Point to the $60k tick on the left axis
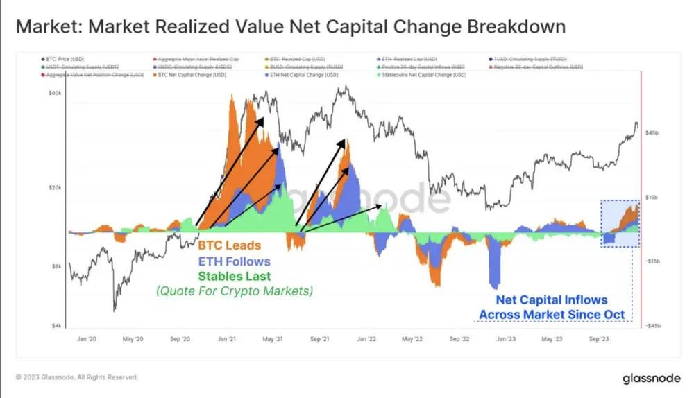[55, 94]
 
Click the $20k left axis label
[55, 188]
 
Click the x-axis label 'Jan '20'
[86, 340]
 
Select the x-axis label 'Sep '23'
[600, 340]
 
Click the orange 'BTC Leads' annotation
[230, 245]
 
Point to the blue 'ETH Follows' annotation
[234, 261]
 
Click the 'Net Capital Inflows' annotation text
[552, 300]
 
